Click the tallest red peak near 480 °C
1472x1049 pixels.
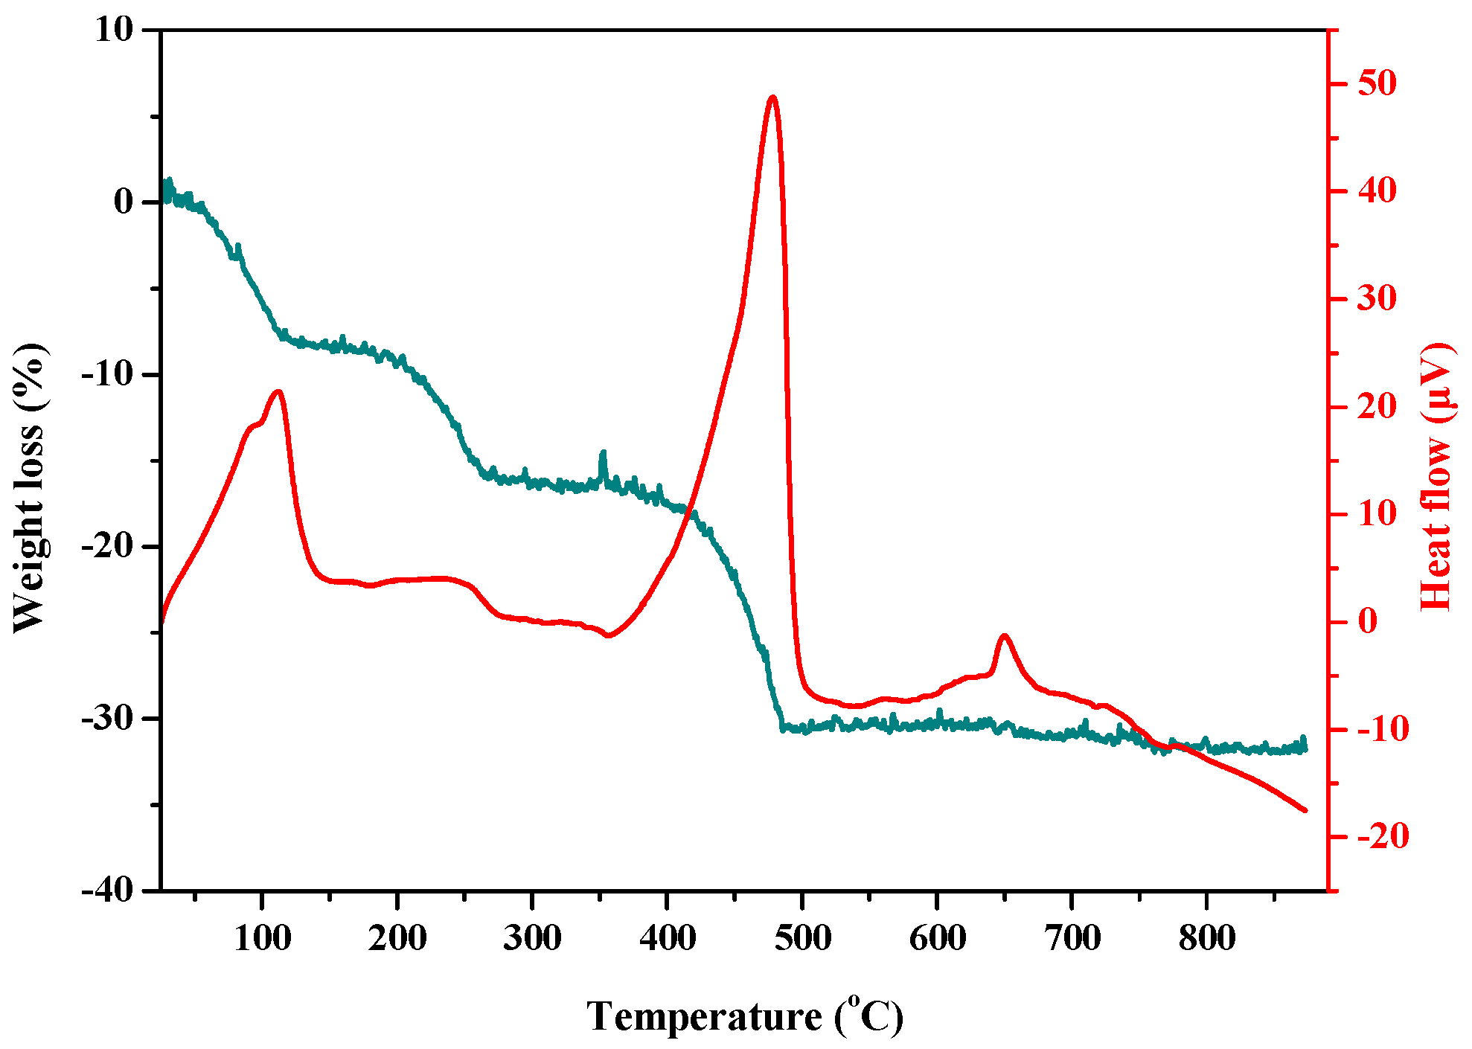point(772,97)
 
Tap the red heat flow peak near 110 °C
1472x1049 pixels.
point(278,391)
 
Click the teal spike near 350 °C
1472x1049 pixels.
point(604,453)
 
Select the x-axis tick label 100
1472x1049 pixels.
point(262,937)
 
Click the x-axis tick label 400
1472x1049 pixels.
point(668,937)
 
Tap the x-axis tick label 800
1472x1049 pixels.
point(1206,937)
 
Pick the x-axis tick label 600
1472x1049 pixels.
point(937,937)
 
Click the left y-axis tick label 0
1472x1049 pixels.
point(123,202)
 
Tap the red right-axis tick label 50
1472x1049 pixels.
point(1377,83)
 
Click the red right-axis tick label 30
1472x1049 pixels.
point(1377,298)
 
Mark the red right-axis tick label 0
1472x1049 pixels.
point(1368,621)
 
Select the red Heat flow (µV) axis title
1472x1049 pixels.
point(1436,476)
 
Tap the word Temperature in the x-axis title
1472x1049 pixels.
point(703,1016)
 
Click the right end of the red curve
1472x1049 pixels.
point(1304,810)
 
